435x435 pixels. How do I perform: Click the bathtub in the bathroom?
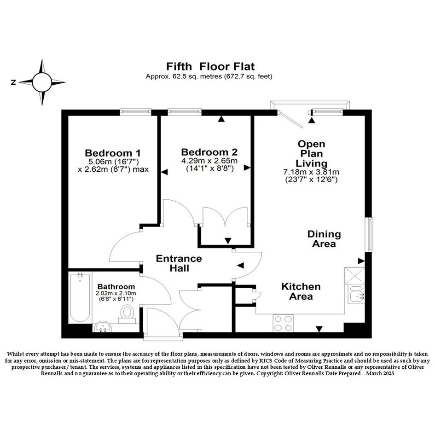(x=80, y=298)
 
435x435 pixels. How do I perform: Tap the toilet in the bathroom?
(x=128, y=314)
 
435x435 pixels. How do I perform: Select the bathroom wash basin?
(x=103, y=327)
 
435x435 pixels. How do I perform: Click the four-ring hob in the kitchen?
(x=283, y=323)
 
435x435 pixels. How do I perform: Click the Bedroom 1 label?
(x=113, y=153)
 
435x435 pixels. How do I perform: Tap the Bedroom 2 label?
(x=209, y=152)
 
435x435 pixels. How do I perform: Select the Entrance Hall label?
(x=179, y=263)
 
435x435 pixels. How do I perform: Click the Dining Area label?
(x=324, y=239)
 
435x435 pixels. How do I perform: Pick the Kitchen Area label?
(x=301, y=291)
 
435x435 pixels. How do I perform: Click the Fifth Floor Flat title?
(x=210, y=67)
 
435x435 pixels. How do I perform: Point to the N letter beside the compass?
(x=13, y=82)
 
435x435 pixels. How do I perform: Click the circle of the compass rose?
(x=42, y=82)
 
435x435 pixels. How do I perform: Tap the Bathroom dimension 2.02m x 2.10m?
(x=116, y=293)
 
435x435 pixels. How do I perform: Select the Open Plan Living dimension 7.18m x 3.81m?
(x=311, y=172)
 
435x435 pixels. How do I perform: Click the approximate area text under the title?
(x=209, y=76)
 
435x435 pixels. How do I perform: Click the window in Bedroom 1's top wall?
(x=135, y=112)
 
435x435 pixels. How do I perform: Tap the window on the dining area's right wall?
(x=371, y=235)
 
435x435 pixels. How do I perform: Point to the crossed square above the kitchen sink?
(x=354, y=276)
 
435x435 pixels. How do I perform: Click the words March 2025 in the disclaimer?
(x=380, y=373)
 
